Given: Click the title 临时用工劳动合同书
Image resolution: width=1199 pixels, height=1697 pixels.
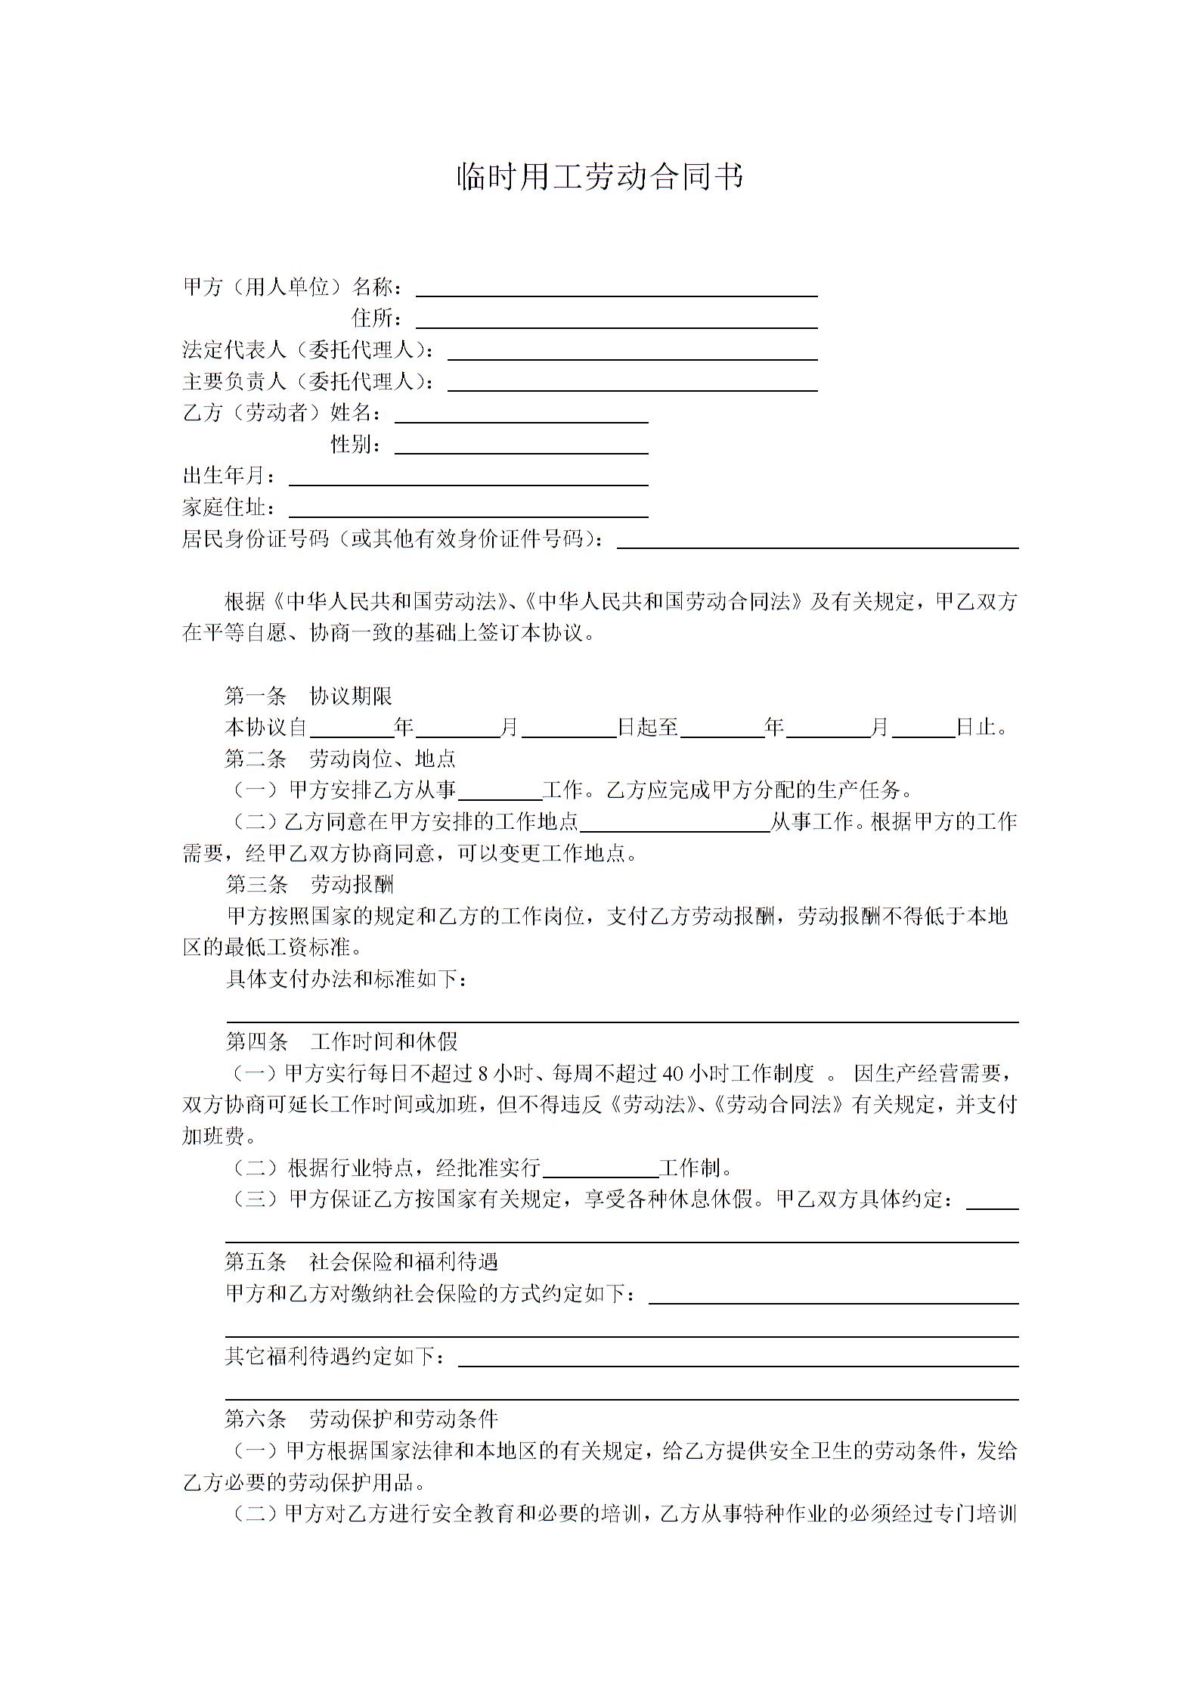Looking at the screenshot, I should point(599,177).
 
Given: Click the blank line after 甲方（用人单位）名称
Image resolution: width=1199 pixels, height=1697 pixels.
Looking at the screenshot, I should point(616,288).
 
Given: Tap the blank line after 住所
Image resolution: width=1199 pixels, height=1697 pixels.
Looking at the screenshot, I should point(616,320).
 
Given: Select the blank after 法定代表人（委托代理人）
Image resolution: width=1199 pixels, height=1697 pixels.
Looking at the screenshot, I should point(632,352).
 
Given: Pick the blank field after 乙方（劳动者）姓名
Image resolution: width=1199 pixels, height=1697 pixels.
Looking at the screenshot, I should point(522,414).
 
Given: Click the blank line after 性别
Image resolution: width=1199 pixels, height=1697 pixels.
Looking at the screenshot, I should point(522,445).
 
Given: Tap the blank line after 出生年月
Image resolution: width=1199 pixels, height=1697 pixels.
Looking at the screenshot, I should point(469,477).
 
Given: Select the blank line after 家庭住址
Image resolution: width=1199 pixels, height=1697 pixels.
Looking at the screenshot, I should point(469,509).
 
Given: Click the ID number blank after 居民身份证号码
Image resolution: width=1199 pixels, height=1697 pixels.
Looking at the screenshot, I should point(818,540).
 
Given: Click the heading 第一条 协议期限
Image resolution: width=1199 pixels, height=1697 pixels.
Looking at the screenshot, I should point(308,696).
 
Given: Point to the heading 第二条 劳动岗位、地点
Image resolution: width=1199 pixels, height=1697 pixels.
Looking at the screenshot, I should point(340,759).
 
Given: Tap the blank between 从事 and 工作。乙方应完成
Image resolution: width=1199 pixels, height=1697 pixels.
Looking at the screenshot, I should point(500,792).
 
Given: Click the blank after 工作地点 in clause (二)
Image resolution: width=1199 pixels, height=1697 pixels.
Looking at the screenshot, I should point(674,824).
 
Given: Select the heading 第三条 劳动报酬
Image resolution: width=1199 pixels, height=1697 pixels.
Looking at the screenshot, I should point(309,884).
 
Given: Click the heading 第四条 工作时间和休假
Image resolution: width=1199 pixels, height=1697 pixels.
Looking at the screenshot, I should point(342,1041).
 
